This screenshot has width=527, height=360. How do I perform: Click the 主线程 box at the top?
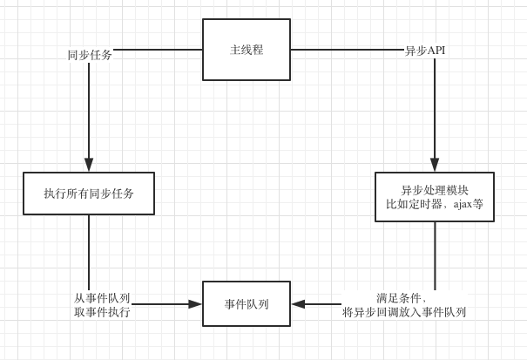click(x=247, y=50)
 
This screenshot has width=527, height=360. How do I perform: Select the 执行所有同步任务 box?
click(x=89, y=194)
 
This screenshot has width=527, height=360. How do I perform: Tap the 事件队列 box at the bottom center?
click(x=247, y=304)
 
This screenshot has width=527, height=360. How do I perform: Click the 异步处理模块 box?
click(x=434, y=197)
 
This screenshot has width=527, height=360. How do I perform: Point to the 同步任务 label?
click(x=90, y=55)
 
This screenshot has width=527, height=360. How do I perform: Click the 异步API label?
click(x=425, y=51)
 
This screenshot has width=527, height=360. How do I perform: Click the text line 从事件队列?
click(x=102, y=297)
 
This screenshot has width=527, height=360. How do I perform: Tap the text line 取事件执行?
click(x=102, y=311)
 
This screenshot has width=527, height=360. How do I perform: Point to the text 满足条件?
click(x=402, y=297)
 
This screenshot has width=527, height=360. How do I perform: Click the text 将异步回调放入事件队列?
click(x=404, y=311)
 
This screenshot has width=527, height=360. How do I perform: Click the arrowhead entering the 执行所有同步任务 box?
click(x=89, y=166)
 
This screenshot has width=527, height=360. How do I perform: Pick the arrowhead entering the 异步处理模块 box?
click(x=435, y=166)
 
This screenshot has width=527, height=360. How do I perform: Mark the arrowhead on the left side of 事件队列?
click(x=195, y=304)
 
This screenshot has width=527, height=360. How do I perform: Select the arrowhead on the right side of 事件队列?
click(x=298, y=304)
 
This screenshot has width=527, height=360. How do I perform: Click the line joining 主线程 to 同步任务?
click(x=157, y=50)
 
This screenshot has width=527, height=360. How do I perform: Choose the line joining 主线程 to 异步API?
click(x=347, y=50)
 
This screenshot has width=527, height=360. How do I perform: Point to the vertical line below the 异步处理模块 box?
click(x=435, y=253)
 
